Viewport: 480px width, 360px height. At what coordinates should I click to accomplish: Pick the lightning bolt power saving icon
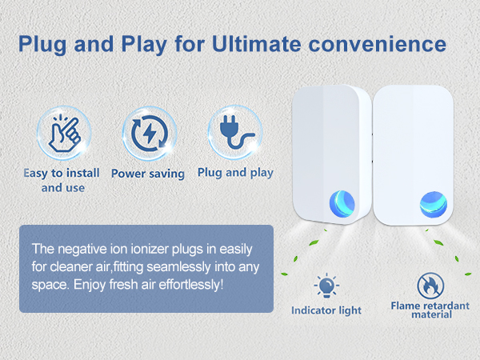click(147, 134)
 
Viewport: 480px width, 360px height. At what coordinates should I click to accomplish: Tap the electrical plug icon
click(234, 132)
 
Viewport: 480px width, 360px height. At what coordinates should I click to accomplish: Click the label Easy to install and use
click(62, 180)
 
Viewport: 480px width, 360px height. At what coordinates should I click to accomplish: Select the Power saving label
click(147, 173)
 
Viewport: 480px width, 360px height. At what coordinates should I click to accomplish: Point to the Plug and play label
click(235, 172)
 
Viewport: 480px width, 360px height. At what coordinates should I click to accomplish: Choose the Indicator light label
click(326, 310)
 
